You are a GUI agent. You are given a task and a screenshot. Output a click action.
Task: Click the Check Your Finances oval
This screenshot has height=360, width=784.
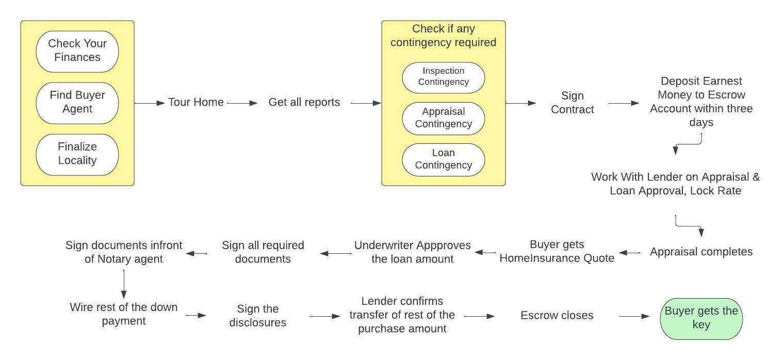(x=77, y=51)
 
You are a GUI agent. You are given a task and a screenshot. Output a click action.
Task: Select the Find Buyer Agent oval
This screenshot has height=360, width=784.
(x=77, y=103)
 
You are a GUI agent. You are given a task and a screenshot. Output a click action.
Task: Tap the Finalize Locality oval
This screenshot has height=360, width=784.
(x=77, y=154)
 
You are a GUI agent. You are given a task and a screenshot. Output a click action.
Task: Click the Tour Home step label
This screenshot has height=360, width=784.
(x=196, y=103)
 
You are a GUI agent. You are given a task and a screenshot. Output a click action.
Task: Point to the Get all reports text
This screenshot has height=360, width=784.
(x=304, y=103)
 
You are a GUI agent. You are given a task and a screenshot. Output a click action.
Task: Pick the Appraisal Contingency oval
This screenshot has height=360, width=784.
(x=444, y=118)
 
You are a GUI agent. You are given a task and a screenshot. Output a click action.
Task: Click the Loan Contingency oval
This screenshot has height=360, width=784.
(x=444, y=159)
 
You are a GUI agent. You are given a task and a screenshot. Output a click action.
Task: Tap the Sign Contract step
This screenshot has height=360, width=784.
(x=573, y=103)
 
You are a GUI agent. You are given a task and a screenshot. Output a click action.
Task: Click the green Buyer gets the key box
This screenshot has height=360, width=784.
(x=701, y=318)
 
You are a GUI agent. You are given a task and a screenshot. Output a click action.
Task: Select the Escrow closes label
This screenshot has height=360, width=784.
(x=557, y=316)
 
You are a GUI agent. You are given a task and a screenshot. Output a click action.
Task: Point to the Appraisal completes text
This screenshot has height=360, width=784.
(x=701, y=252)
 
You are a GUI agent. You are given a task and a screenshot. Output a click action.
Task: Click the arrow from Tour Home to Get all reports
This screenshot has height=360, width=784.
(x=242, y=103)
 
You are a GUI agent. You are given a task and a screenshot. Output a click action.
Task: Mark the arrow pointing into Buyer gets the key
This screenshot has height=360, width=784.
(x=634, y=316)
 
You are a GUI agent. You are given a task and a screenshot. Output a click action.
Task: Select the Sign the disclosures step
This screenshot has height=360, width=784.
(x=258, y=316)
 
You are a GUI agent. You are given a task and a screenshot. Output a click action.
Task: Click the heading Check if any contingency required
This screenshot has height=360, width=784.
(x=444, y=36)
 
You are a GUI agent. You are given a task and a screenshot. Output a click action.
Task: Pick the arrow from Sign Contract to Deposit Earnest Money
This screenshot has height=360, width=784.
(x=624, y=103)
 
